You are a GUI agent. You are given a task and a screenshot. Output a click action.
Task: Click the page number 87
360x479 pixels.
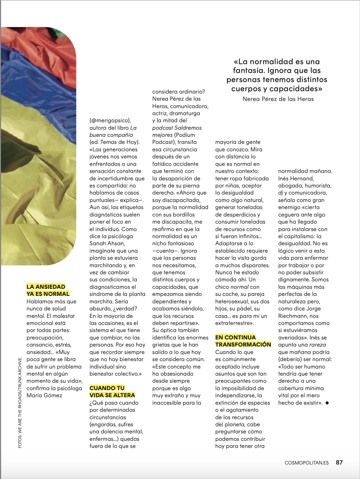(339, 462)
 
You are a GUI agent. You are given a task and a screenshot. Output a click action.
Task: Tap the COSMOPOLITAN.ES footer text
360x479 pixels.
(306, 463)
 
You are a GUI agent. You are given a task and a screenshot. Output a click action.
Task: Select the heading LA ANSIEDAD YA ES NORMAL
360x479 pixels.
(48, 290)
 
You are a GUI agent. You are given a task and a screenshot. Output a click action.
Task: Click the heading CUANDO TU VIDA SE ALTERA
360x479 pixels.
(112, 392)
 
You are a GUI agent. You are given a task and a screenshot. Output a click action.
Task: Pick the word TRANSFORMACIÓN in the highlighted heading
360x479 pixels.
(243, 344)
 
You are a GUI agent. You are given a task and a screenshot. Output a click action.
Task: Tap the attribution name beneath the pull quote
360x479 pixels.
(278, 99)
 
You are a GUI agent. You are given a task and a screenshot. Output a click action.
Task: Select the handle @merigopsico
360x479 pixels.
(110, 121)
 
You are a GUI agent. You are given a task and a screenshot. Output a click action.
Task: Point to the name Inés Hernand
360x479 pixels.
(296, 178)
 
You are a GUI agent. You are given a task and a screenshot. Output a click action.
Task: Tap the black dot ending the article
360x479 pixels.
(327, 403)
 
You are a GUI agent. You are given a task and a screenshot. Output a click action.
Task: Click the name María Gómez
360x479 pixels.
(44, 395)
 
